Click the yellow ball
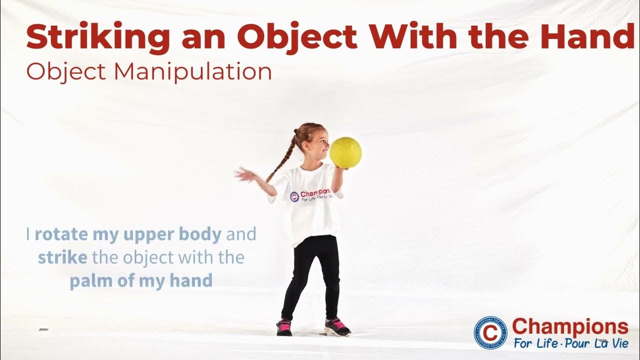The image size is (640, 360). pyautogui.click(x=345, y=152)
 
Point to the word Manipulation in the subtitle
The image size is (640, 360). pyautogui.click(x=192, y=71)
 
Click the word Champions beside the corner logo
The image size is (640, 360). pyautogui.click(x=570, y=327)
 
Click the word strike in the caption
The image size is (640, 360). pyautogui.click(x=62, y=257)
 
